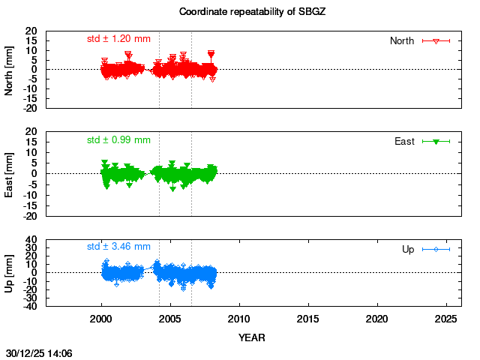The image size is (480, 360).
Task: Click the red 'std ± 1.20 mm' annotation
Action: coord(118,38)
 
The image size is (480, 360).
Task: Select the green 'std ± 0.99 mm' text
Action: coord(118,139)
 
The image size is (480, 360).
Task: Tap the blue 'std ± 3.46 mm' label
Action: coord(118,246)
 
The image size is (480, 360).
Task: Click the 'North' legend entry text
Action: coord(402,40)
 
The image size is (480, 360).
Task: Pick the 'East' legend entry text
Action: coord(404,141)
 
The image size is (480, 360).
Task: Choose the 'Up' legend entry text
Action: coord(408,249)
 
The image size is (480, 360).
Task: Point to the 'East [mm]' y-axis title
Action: coord(10,173)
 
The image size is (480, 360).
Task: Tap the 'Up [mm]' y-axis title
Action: coord(10,273)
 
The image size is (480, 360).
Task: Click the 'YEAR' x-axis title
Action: coord(252,337)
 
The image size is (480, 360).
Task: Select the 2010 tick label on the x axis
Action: coord(239,319)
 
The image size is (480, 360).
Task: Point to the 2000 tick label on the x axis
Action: coord(102,319)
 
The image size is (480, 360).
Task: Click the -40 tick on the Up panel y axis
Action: coord(31,306)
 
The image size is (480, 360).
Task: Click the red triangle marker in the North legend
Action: coord(436,40)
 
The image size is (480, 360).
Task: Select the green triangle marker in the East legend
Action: coord(436,141)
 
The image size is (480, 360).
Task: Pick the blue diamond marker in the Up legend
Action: coord(436,249)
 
